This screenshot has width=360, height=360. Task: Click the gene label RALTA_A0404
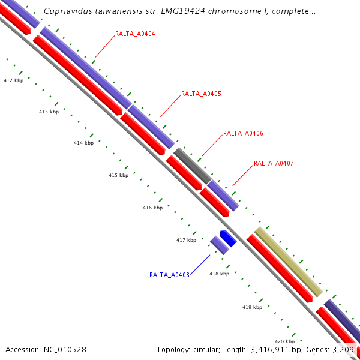(135, 34)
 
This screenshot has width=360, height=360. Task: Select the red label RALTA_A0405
(201, 94)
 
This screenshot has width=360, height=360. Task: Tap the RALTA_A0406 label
(243, 133)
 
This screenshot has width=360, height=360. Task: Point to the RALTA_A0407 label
(274, 163)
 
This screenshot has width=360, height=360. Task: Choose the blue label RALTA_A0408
(169, 275)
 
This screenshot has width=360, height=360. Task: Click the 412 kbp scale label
(13, 80)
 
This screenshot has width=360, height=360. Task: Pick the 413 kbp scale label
(49, 112)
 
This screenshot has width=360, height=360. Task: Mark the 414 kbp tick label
(83, 143)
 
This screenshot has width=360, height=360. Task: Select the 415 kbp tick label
(118, 176)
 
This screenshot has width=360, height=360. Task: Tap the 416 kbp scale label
(152, 208)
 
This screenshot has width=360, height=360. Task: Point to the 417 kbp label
(186, 241)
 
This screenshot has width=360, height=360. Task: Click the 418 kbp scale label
(219, 274)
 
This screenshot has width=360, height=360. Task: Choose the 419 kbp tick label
(252, 307)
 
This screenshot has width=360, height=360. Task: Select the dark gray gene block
(192, 165)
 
